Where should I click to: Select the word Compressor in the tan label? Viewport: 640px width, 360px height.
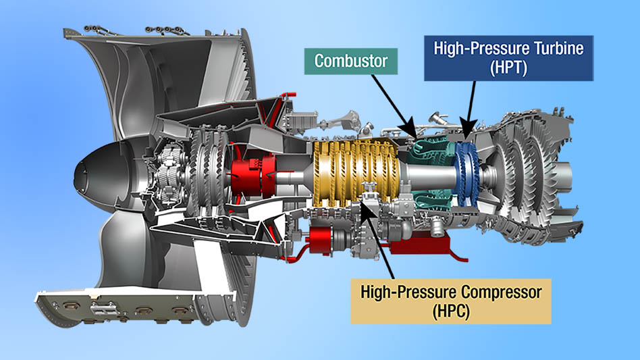499,291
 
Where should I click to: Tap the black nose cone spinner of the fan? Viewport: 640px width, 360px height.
101,172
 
